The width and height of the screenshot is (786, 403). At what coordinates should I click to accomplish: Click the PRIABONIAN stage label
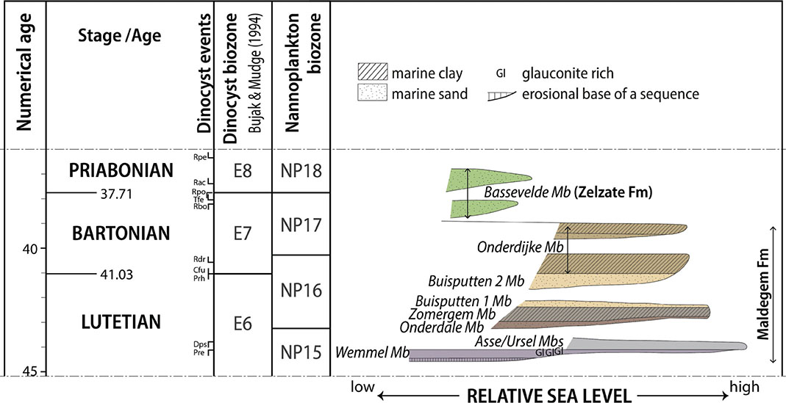122,170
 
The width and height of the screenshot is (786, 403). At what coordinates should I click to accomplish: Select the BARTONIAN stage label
121,233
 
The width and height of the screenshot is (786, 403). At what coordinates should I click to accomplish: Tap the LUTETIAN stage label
122,322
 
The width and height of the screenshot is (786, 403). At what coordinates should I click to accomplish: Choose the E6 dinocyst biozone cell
240,322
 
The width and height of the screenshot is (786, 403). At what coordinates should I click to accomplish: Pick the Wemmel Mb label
372,353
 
